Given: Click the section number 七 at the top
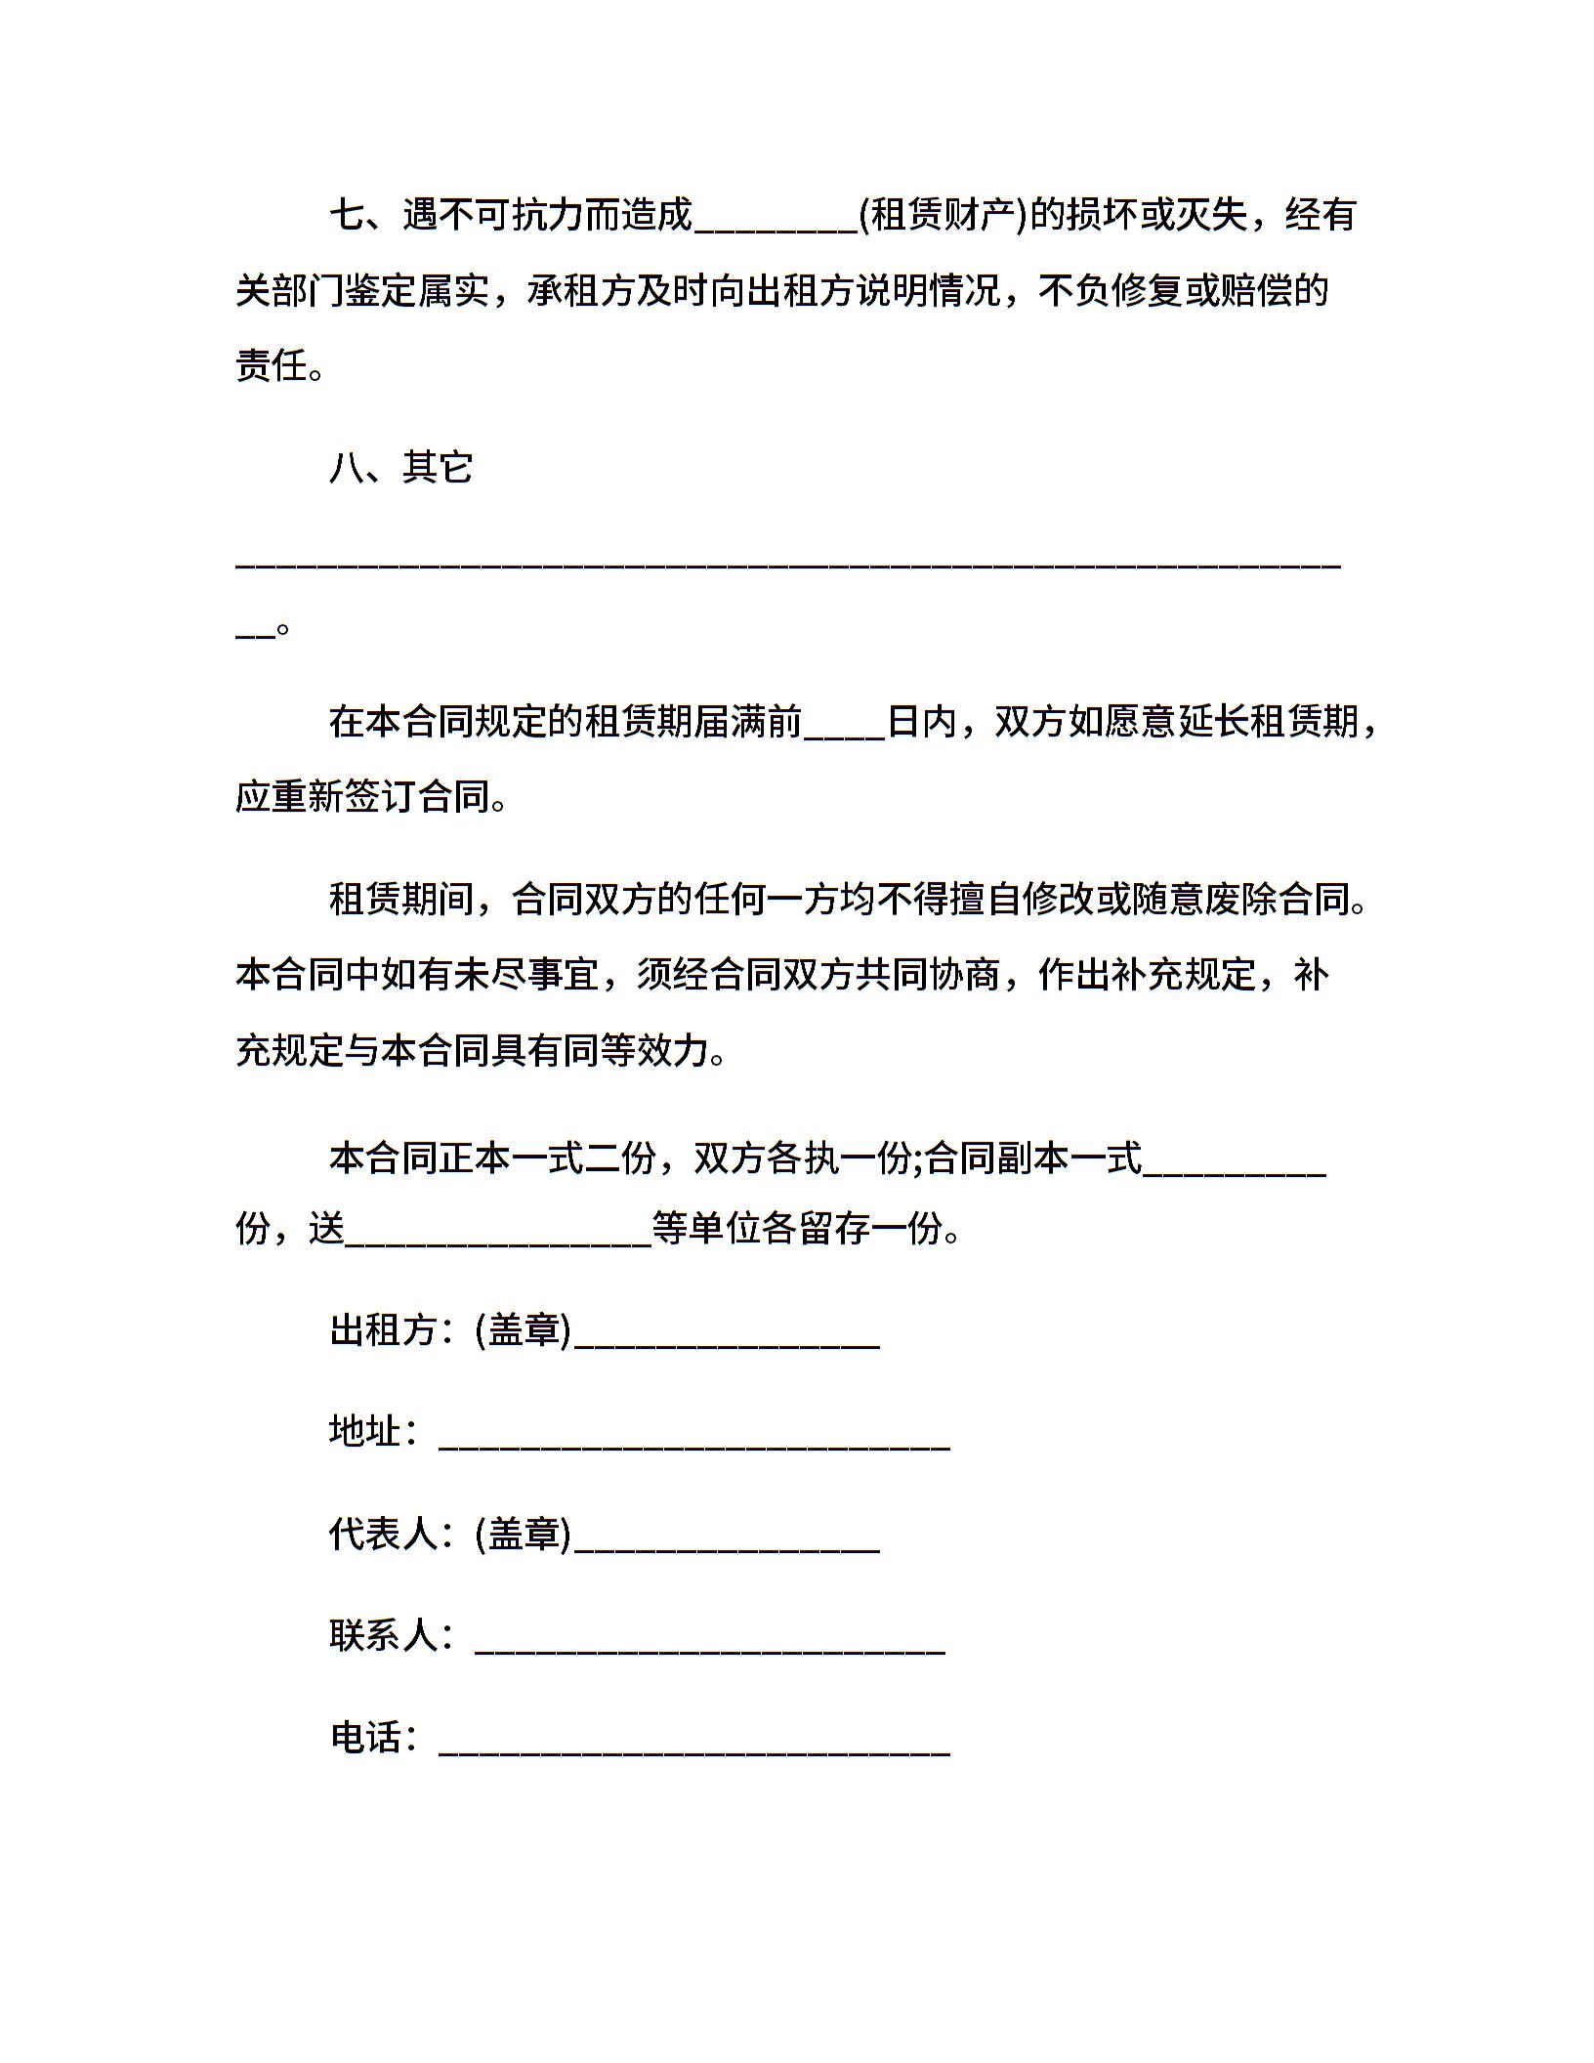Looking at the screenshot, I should click(347, 215).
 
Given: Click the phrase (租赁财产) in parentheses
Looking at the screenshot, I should click(943, 215).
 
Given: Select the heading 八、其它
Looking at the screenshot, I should click(401, 468).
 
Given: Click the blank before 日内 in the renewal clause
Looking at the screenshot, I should click(844, 733).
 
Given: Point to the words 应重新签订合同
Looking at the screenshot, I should click(362, 797).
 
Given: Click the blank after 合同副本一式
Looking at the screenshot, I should click(1235, 1168).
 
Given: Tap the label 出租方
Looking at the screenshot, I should click(383, 1330).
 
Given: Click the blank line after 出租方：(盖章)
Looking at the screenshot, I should click(728, 1342).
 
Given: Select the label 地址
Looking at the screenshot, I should click(365, 1432).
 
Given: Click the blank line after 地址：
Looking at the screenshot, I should click(694, 1444).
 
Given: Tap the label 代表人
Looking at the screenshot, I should click(383, 1534).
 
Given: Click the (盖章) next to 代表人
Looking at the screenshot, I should click(523, 1534).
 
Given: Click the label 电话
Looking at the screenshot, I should click(365, 1737).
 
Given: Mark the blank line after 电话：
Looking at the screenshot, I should click(694, 1748).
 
